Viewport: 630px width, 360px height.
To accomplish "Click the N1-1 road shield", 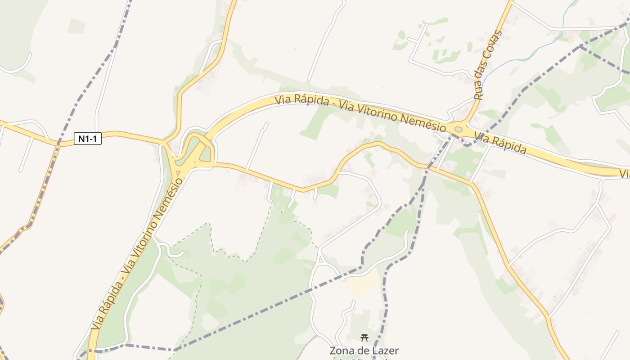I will pyautogui.click(x=88, y=139).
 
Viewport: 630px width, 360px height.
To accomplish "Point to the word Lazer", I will pyautogui.click(x=384, y=351).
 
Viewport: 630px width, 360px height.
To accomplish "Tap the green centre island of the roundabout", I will pyautogui.click(x=458, y=130).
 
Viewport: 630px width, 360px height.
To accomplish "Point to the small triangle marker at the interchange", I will pyautogui.click(x=179, y=172).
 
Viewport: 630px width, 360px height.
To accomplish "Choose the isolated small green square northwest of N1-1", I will pyautogui.click(x=76, y=26).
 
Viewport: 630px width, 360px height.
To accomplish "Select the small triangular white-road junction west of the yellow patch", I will pyautogui.click(x=320, y=260).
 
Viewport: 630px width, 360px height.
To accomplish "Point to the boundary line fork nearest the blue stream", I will pyautogui.click(x=580, y=46).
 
